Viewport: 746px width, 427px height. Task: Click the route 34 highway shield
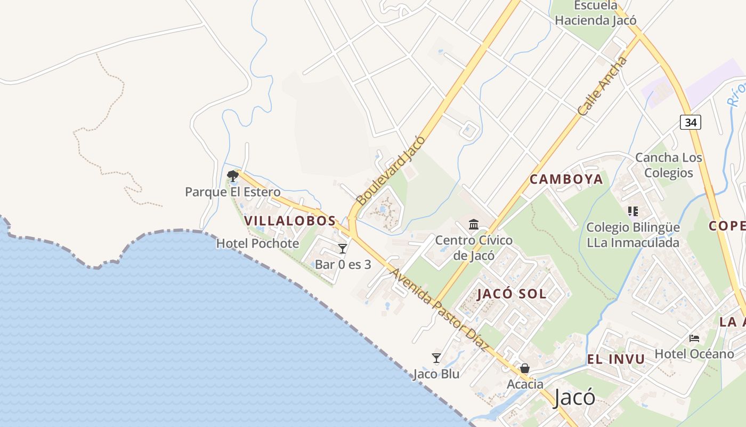[x=691, y=122]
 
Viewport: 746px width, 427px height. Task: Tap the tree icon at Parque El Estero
[x=232, y=175]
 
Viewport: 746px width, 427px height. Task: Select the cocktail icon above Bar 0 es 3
[x=343, y=249]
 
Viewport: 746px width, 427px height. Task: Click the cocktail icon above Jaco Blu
[x=436, y=358]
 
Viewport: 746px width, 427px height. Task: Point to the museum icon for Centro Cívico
[x=474, y=224]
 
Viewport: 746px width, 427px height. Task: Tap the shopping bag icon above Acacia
[x=525, y=368]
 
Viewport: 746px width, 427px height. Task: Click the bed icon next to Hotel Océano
[x=694, y=338]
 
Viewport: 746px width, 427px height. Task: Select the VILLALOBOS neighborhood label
[x=290, y=220]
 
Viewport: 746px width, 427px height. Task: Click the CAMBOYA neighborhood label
[x=566, y=179]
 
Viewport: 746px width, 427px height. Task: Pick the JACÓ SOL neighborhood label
[x=512, y=294]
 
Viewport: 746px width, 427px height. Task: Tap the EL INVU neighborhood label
[x=615, y=359]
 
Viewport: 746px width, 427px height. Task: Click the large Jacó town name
[x=574, y=398]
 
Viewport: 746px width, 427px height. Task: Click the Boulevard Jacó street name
[x=391, y=170]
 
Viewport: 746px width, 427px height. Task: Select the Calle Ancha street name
[x=603, y=86]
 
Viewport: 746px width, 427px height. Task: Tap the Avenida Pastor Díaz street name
[x=440, y=310]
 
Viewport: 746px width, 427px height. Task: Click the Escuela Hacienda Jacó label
[x=596, y=13]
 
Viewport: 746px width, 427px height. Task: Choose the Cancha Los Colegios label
[x=669, y=165]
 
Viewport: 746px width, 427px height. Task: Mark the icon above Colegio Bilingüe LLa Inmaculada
[x=633, y=211]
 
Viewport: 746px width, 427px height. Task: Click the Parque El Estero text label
[x=232, y=192]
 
